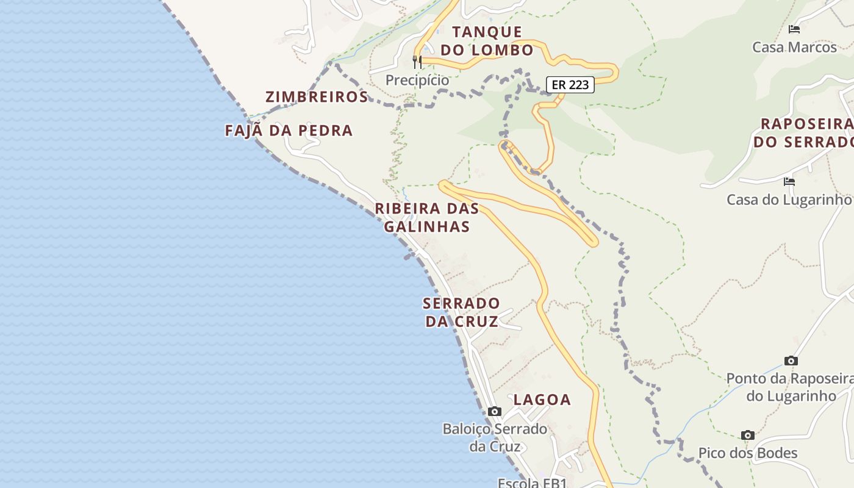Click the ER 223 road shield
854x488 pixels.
[x=570, y=85]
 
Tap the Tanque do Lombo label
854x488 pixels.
[x=487, y=41]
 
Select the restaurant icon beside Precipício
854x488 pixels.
[x=417, y=62]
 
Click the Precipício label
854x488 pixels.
[x=417, y=80]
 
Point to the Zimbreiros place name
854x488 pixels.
[x=317, y=97]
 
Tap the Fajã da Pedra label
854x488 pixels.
[x=289, y=131]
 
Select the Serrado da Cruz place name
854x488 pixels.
[x=461, y=312]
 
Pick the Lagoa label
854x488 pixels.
[x=542, y=400]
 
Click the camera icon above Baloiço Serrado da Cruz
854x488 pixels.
[x=495, y=412]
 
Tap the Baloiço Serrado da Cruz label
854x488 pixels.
[x=495, y=437]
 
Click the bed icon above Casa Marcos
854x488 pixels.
[x=794, y=29]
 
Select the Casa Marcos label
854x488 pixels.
[x=794, y=47]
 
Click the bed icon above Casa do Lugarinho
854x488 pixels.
[x=789, y=182]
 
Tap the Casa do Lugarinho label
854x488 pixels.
[x=788, y=199]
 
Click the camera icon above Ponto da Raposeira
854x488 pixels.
[x=791, y=361]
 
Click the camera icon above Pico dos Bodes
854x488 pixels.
[x=748, y=436]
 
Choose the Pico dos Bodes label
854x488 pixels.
[x=748, y=453]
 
